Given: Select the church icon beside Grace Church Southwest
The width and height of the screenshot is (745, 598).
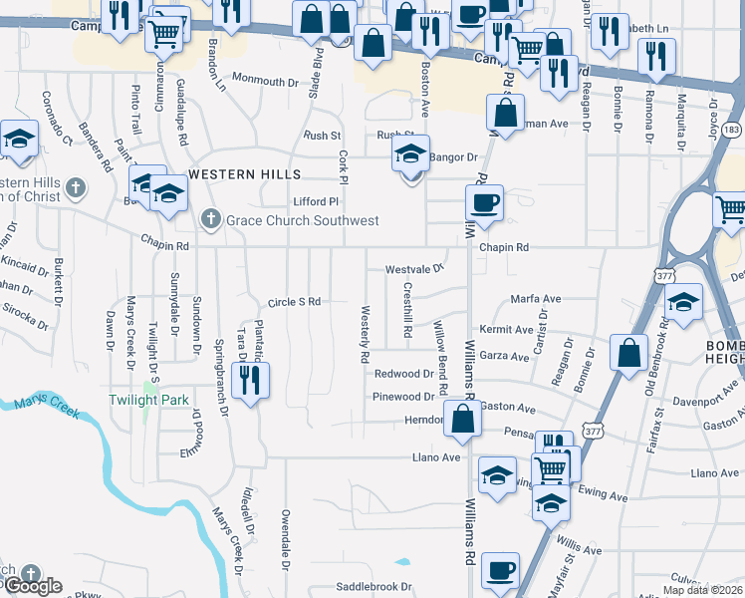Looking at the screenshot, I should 210,219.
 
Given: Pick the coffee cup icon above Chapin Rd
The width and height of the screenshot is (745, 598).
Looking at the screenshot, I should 485,203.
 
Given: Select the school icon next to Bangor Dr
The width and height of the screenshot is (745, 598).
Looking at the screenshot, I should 410,154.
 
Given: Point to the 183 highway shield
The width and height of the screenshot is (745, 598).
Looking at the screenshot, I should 731,131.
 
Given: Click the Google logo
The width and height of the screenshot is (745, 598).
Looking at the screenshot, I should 32,586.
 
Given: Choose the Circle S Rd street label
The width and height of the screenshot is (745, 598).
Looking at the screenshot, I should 294,301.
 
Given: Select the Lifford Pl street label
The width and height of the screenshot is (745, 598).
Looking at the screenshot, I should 316,200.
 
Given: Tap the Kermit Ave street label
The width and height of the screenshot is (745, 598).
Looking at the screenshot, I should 506,329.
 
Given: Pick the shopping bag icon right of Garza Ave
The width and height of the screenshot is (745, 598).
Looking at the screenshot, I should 629,353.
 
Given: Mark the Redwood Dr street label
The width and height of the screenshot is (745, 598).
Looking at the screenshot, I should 403,374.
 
